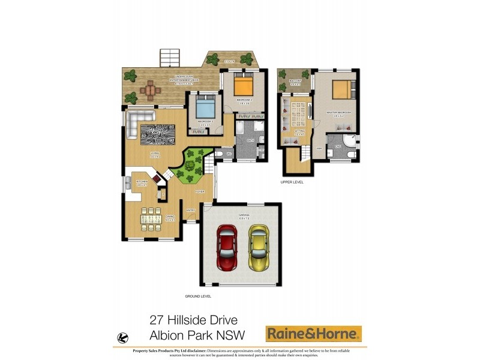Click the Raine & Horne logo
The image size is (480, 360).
pos(313,333)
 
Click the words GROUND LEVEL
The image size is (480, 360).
pos(198,296)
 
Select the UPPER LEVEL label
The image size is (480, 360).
pos(292,181)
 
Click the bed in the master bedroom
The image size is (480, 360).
pos(340,89)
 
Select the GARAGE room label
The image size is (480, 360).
pos(243,214)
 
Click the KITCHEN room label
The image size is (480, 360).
pos(142,182)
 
